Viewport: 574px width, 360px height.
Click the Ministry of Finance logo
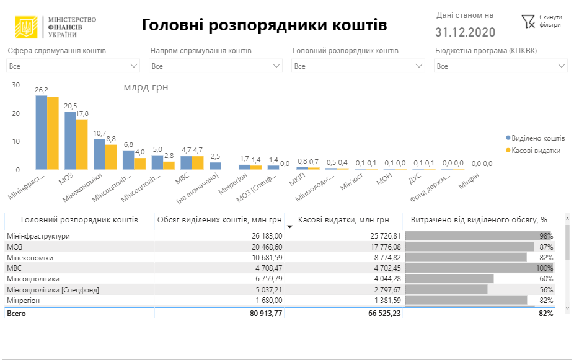[x=27, y=27]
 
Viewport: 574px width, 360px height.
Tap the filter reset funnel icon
[x=528, y=22]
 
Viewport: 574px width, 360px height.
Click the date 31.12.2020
[x=465, y=32]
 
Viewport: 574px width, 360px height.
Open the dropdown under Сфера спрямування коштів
[x=73, y=66]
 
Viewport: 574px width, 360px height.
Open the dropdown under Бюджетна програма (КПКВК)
[x=500, y=66]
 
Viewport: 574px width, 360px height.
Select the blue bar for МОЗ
[x=70, y=141]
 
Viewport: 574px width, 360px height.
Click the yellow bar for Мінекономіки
[x=111, y=157]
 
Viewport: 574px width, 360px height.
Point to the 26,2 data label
[x=42, y=90]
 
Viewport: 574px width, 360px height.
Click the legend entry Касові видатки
[x=536, y=150]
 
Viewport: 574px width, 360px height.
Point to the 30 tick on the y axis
[x=16, y=86]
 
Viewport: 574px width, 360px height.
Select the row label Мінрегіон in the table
[x=23, y=300]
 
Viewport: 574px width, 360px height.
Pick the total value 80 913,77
[x=263, y=314]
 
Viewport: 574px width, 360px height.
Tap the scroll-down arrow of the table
[x=567, y=307]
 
